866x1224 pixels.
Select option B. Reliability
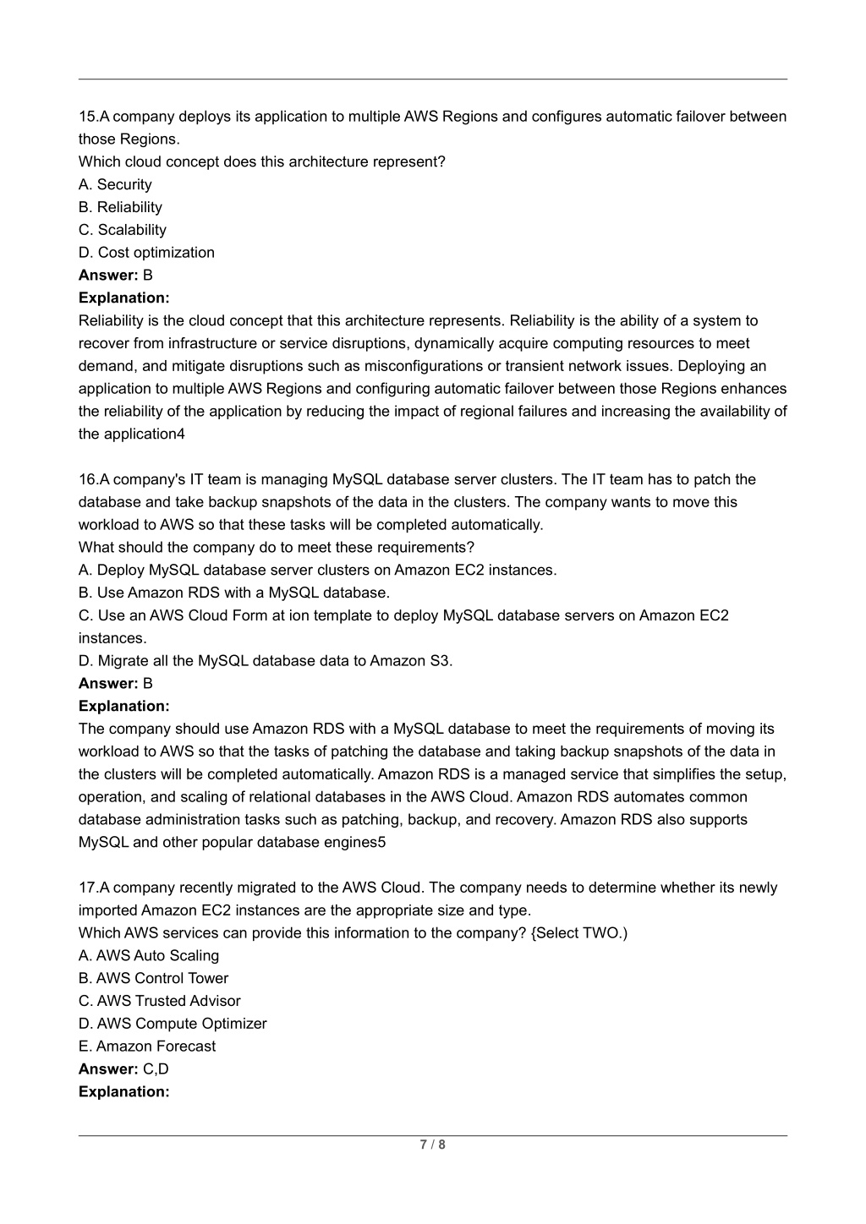pyautogui.click(x=120, y=207)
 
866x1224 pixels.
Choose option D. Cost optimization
pyautogui.click(x=146, y=253)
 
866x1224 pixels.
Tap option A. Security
pyautogui.click(x=115, y=184)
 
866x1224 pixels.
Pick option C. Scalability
pyautogui.click(x=123, y=230)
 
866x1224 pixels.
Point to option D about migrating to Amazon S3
pyautogui.click(x=266, y=661)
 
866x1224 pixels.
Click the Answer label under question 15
pyautogui.click(x=108, y=276)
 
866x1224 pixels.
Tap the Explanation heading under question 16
pyautogui.click(x=124, y=706)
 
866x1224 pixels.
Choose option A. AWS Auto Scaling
pyautogui.click(x=149, y=956)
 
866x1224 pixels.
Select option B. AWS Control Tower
pyautogui.click(x=153, y=979)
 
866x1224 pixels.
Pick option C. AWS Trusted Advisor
pyautogui.click(x=159, y=1001)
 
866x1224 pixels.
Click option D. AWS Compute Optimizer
pyautogui.click(x=173, y=1024)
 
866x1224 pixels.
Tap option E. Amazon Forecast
pyautogui.click(x=147, y=1046)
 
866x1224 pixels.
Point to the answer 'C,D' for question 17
pyautogui.click(x=156, y=1069)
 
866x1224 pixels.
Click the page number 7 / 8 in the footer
pyautogui.click(x=433, y=1145)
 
